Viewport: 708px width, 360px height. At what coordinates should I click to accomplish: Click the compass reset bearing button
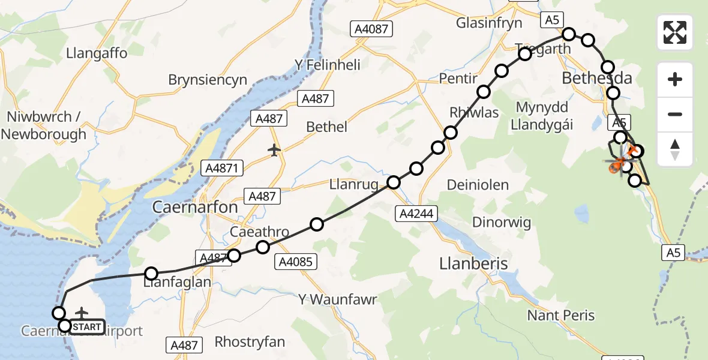675,149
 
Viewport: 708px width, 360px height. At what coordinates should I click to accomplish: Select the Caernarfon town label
195,208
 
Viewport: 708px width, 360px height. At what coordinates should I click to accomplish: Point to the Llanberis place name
473,263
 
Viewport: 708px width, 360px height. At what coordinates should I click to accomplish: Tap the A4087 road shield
371,28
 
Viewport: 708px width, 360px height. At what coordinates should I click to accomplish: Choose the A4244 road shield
417,213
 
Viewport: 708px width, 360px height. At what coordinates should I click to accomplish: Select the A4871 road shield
223,169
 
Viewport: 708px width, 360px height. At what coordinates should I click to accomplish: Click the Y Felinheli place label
327,65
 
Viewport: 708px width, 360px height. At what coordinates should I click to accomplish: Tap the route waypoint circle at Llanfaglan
151,274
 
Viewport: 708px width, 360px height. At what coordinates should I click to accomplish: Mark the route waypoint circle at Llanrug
394,182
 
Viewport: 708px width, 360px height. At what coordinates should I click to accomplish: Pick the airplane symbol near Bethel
275,149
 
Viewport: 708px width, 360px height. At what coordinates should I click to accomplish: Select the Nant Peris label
560,316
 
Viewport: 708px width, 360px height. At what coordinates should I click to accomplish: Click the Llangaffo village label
97,53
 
